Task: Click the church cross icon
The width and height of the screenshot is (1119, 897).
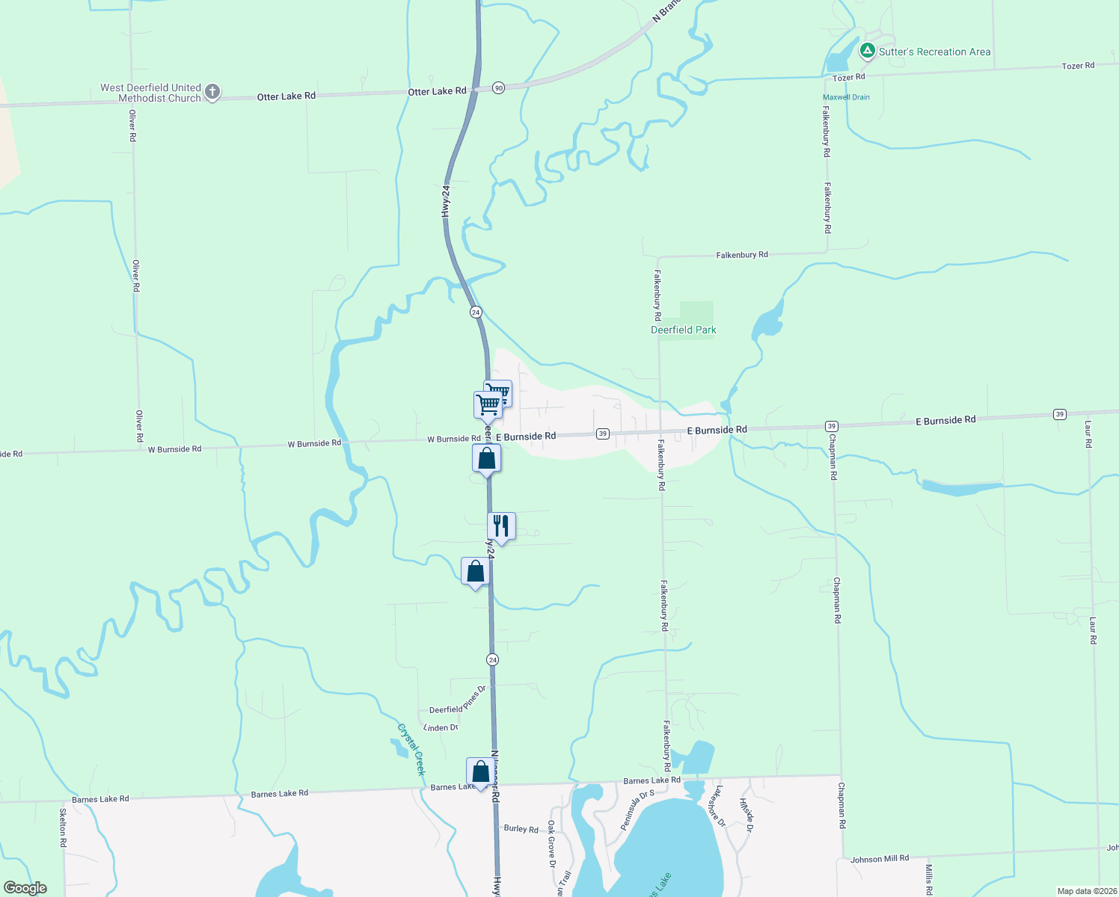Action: pos(212,92)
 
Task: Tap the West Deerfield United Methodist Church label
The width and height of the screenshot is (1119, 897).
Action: pos(151,93)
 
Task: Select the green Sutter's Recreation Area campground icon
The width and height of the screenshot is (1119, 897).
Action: pos(867,51)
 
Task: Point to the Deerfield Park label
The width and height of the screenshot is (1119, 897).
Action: pos(684,330)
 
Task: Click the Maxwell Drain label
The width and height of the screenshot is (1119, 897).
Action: pos(846,97)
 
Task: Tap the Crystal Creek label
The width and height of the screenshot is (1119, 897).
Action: pos(411,749)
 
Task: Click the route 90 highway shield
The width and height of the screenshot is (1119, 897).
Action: pos(499,87)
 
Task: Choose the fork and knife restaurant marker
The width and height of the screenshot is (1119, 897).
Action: pos(501,526)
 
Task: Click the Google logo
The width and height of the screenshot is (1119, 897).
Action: pos(25,888)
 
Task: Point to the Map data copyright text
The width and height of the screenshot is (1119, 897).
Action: pos(1087,891)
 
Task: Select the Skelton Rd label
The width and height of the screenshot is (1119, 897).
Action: pos(63,827)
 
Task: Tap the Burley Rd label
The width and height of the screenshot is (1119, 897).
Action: pos(521,829)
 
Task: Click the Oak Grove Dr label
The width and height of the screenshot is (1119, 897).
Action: pos(552,843)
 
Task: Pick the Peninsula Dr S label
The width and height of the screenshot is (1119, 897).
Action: pos(637,810)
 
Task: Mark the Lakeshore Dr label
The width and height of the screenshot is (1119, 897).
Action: pos(717,806)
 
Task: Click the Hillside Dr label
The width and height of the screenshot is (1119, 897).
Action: pos(746,815)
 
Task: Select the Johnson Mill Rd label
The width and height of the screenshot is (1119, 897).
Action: pos(880,859)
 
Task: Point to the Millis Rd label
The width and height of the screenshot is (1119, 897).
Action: pos(928,879)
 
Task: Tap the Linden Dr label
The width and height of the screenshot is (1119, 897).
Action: pos(441,727)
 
